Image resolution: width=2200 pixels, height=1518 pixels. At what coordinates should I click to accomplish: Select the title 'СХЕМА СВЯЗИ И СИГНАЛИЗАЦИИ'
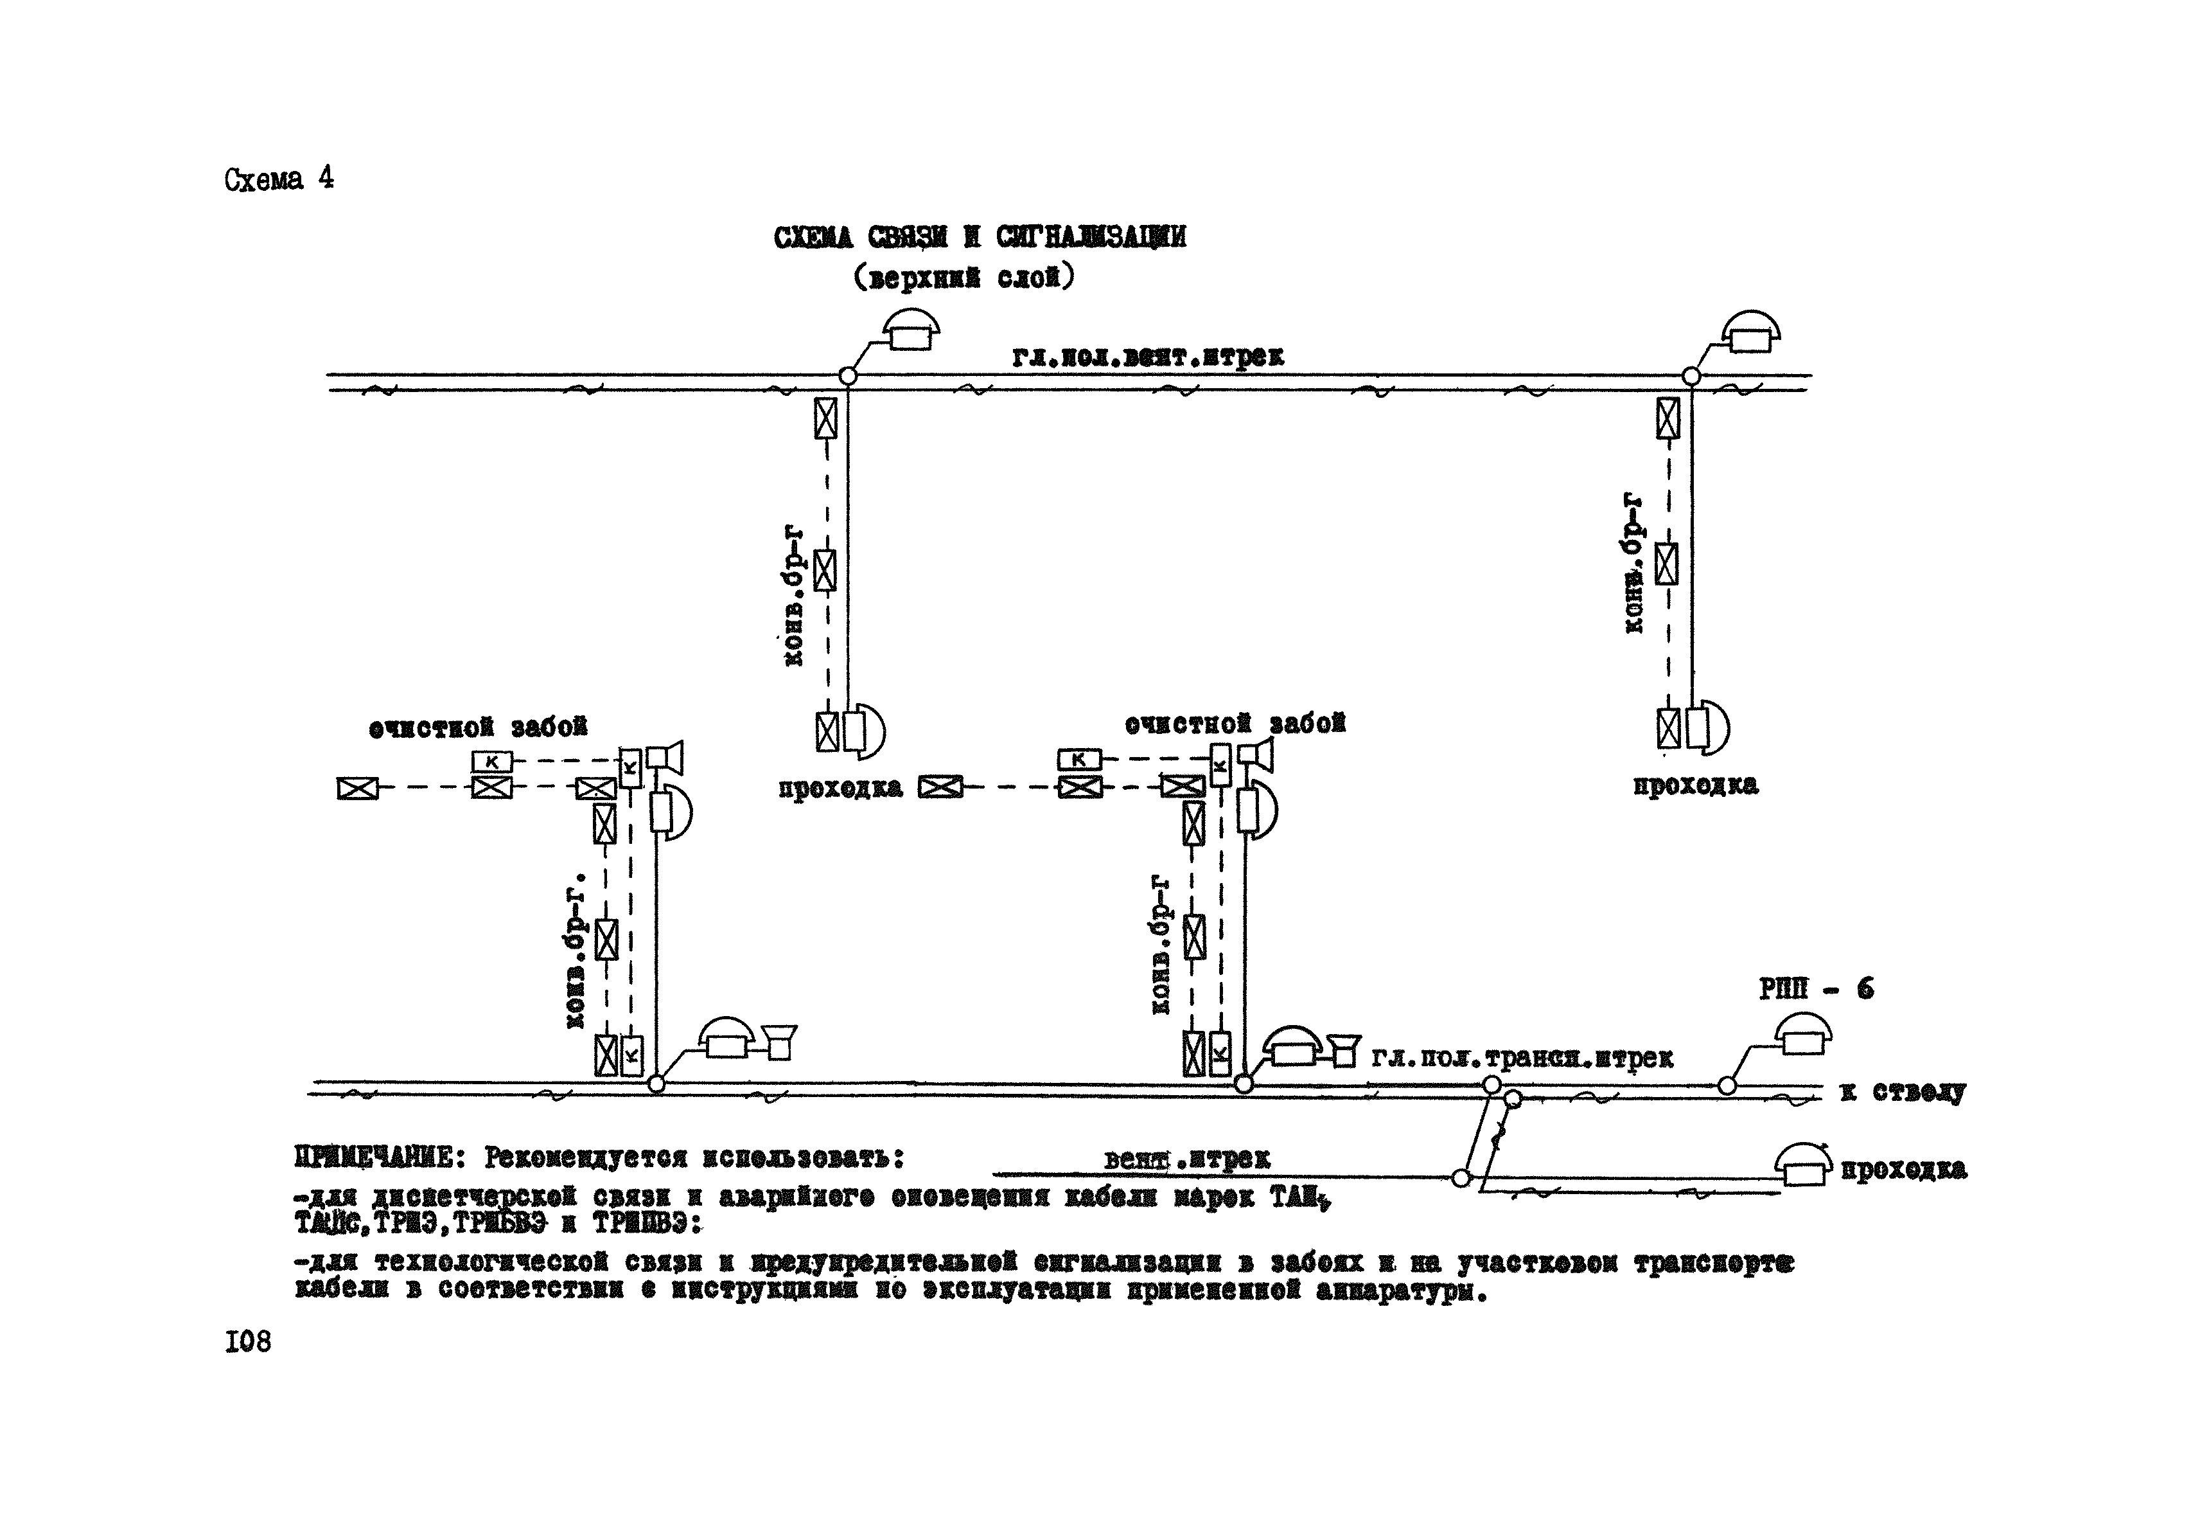pos(980,237)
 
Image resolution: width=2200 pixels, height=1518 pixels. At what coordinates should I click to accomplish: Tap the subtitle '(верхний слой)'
pos(963,278)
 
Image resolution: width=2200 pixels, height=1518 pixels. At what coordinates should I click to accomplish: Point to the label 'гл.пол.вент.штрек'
pos(1148,357)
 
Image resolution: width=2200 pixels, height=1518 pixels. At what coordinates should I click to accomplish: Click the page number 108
pos(248,1341)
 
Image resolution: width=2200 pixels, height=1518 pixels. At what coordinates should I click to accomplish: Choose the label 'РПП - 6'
pos(1816,989)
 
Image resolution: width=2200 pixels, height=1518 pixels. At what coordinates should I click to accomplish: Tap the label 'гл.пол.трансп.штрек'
pos(1521,1058)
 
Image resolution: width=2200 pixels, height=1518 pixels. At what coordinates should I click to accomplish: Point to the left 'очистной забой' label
pos(479,728)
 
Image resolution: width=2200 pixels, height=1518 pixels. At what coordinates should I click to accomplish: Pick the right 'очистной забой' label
pos(1235,724)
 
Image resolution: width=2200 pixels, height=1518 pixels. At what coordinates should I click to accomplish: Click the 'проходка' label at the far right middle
pos(1695,785)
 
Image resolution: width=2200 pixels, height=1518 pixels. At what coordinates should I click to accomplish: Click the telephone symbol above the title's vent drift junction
pos(910,330)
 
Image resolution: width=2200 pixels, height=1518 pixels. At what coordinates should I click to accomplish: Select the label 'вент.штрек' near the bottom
pos(1186,1159)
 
